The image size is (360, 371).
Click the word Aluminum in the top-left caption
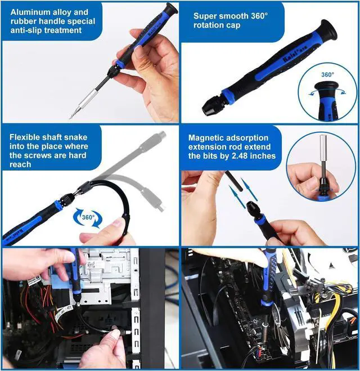pyautogui.click(x=28, y=12)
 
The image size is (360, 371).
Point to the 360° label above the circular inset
pyautogui.click(x=327, y=74)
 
